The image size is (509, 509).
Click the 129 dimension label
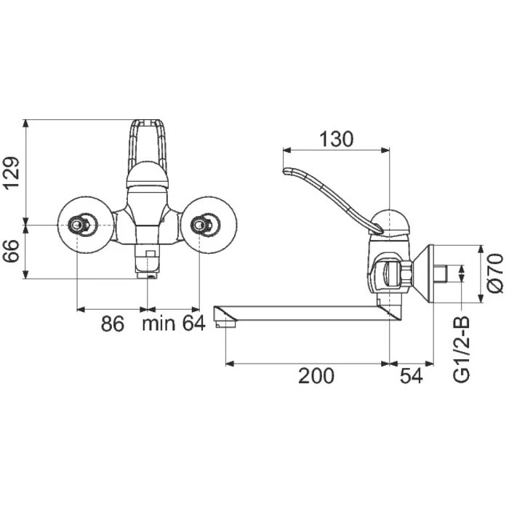pyautogui.click(x=11, y=173)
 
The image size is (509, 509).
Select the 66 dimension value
pyautogui.click(x=11, y=252)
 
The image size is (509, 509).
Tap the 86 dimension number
pyautogui.click(x=112, y=324)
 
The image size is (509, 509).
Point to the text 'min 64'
pyautogui.click(x=174, y=324)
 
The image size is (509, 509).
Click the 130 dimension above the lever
pyautogui.click(x=336, y=140)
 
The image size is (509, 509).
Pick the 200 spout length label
pyautogui.click(x=316, y=376)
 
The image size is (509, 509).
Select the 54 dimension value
pyautogui.click(x=412, y=376)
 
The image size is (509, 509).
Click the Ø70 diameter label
pyautogui.click(x=495, y=273)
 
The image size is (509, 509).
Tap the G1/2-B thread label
pyautogui.click(x=461, y=348)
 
